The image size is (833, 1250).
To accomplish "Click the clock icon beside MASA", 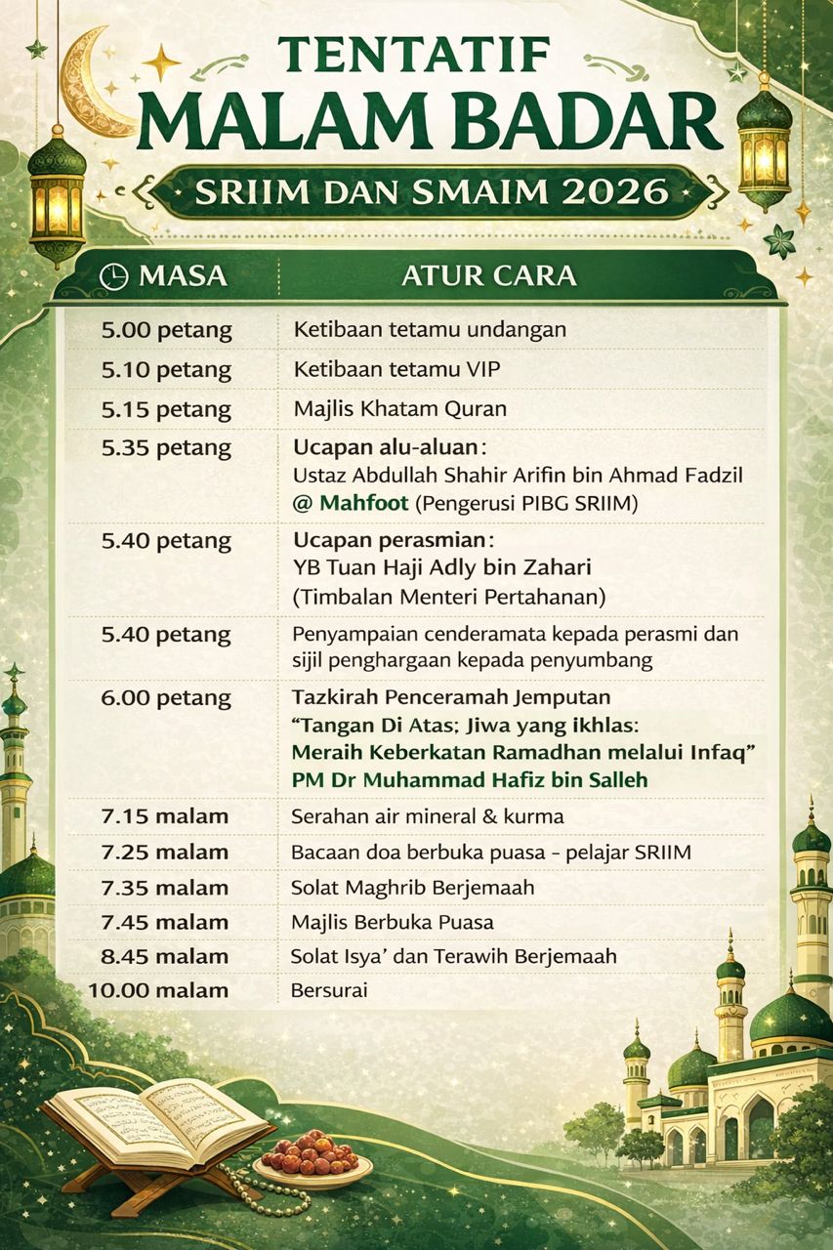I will coord(114,276).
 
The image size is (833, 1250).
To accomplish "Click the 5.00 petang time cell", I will coord(167,330).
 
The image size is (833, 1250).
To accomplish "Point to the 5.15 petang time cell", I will coord(167,408).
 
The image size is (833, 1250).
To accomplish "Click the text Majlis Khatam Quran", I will coord(399,408).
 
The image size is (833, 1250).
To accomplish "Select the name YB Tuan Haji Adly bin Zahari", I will coord(442,567).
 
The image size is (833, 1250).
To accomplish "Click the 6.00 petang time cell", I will coord(167,698).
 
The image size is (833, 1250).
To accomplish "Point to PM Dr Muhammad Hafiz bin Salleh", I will coord(470,779).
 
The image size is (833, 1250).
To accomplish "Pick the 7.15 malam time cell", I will coord(165,816).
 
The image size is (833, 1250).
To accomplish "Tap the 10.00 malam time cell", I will coord(158,990).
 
